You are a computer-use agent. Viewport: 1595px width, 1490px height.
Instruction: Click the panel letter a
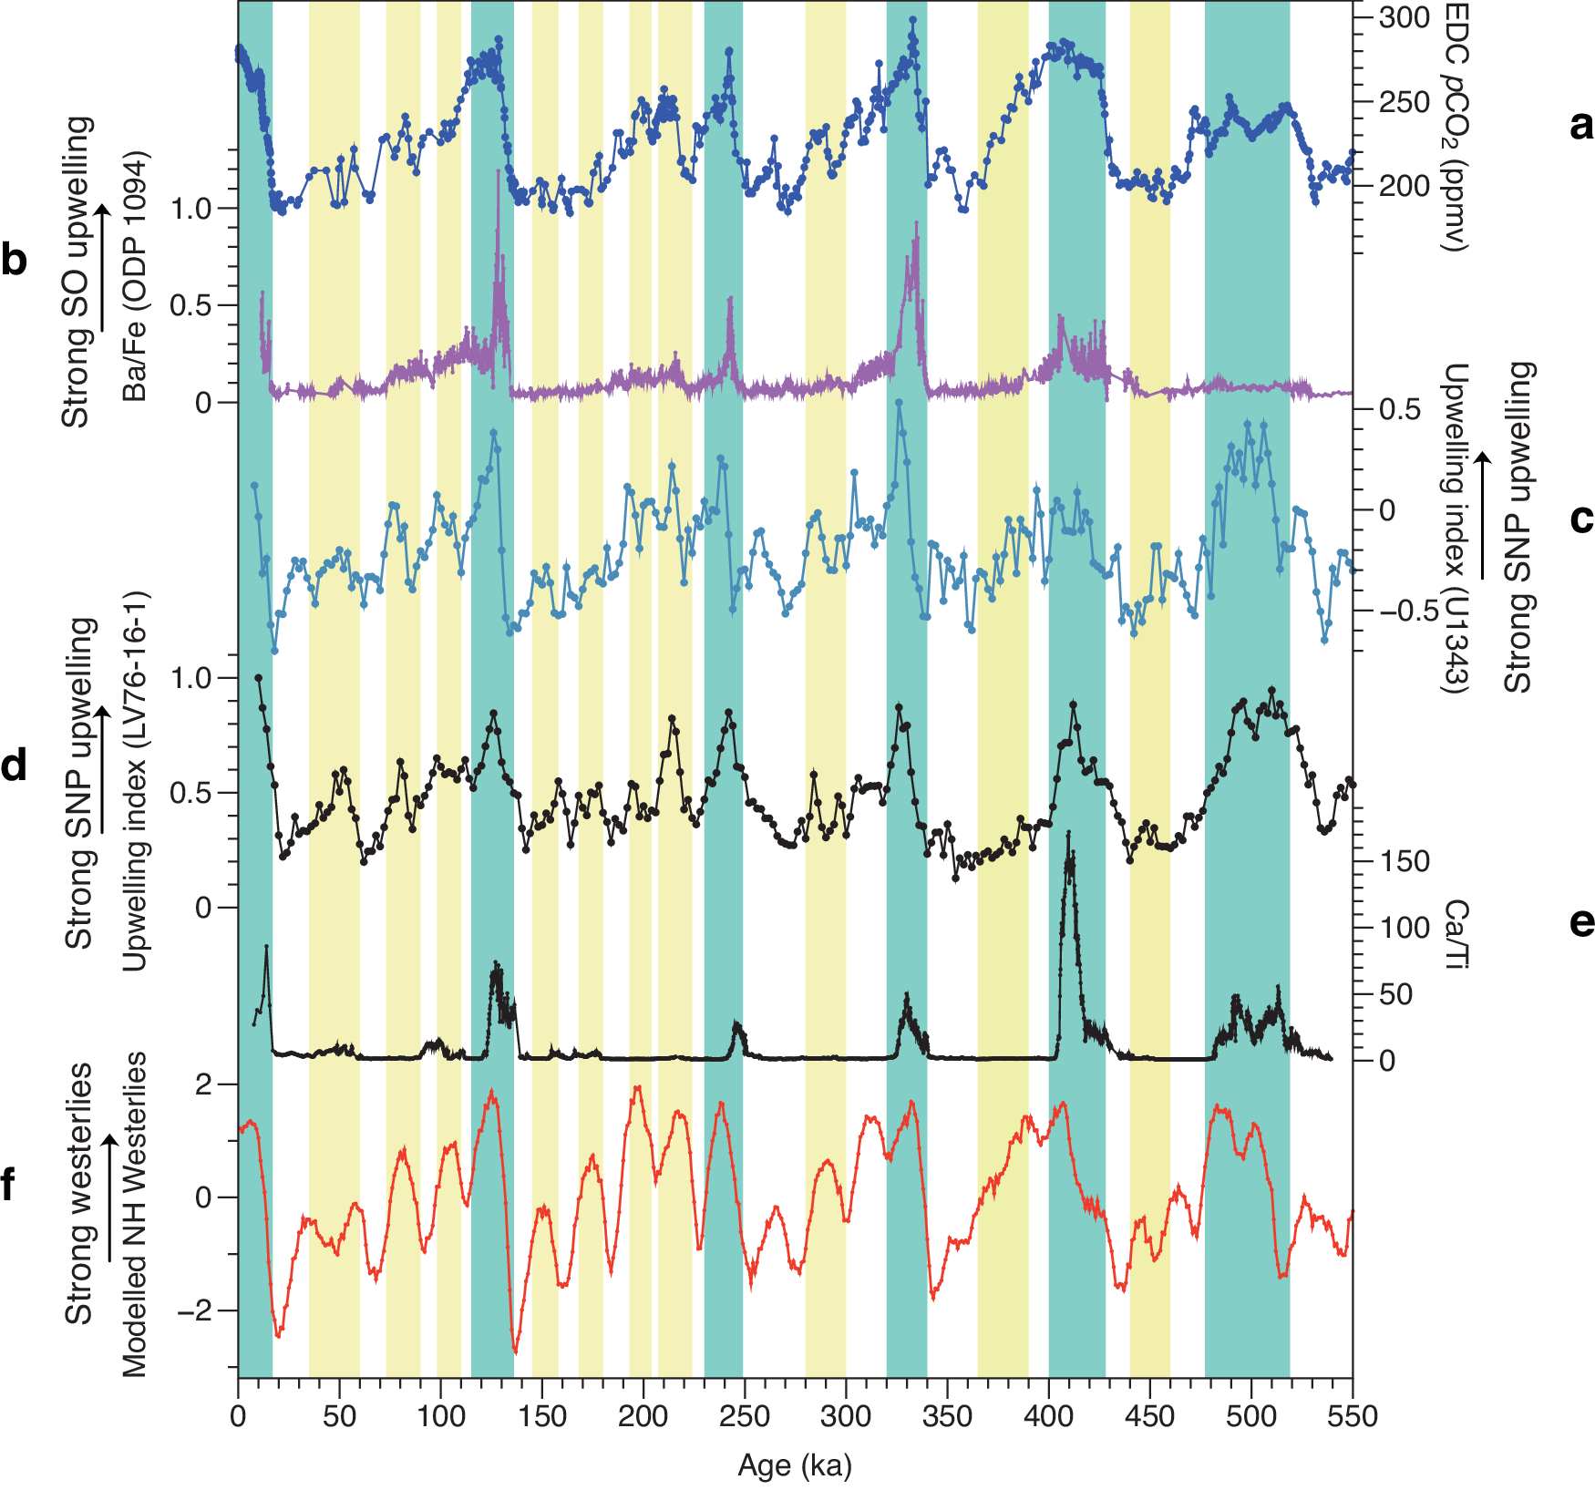(1581, 126)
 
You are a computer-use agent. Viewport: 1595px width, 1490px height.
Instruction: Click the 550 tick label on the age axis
(1353, 1416)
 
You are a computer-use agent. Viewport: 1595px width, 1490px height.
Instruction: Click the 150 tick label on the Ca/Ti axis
(1405, 861)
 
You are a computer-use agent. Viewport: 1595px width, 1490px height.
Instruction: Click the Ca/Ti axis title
(1456, 933)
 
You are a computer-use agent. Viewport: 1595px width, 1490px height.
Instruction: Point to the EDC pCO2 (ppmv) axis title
(1456, 128)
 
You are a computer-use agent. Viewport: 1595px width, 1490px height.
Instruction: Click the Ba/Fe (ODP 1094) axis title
(135, 276)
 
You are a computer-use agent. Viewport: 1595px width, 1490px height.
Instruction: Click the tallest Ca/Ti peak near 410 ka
(1068, 833)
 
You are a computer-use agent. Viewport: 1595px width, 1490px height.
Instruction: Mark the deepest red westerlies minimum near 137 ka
(516, 1352)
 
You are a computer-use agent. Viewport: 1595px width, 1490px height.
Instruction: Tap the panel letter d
(14, 766)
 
